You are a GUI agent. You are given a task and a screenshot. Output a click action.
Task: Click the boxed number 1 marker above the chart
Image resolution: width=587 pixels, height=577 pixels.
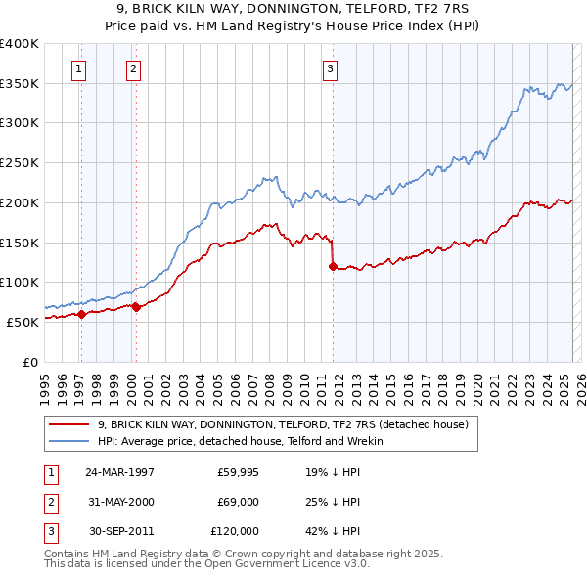point(77,68)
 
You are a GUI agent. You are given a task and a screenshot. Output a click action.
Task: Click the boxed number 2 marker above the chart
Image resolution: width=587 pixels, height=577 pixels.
point(132,68)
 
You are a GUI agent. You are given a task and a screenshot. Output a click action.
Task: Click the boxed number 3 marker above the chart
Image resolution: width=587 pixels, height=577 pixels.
point(331,68)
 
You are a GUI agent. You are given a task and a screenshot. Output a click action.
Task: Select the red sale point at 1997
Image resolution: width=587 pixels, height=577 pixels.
point(82,314)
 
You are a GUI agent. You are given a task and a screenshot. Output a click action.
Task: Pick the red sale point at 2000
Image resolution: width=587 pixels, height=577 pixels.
point(137,307)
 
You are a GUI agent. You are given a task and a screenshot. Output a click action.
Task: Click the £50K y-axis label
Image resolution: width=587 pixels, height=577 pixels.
point(23,322)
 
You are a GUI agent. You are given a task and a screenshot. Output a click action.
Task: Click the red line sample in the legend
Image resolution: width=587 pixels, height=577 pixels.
point(69,425)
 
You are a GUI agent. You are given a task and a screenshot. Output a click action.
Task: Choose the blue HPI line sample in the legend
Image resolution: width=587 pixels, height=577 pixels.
point(69,441)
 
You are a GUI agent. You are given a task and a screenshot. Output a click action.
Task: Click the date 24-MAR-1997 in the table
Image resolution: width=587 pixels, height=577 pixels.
point(119,472)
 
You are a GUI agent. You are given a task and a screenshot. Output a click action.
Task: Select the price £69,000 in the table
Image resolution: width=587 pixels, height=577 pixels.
point(238,502)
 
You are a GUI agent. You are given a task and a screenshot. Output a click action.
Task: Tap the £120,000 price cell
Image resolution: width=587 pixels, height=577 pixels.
point(235,531)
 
